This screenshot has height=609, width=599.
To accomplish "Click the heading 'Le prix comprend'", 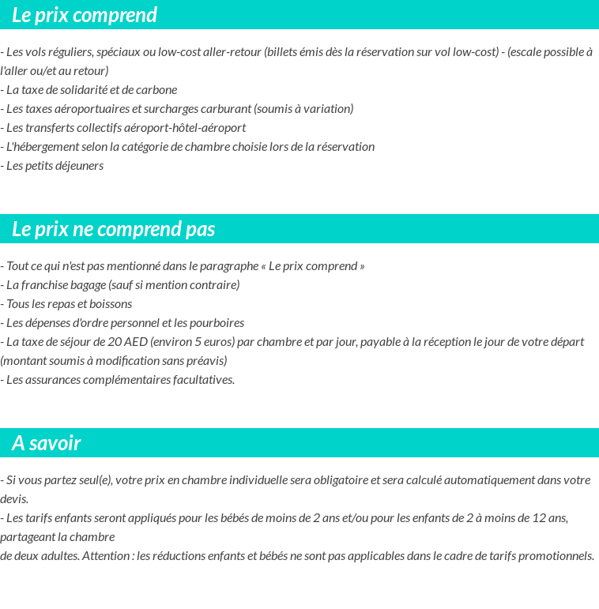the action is tap(85, 15).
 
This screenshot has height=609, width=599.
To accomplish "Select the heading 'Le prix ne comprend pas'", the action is tap(114, 229).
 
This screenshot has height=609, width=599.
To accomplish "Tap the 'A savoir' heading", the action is tap(47, 443).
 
